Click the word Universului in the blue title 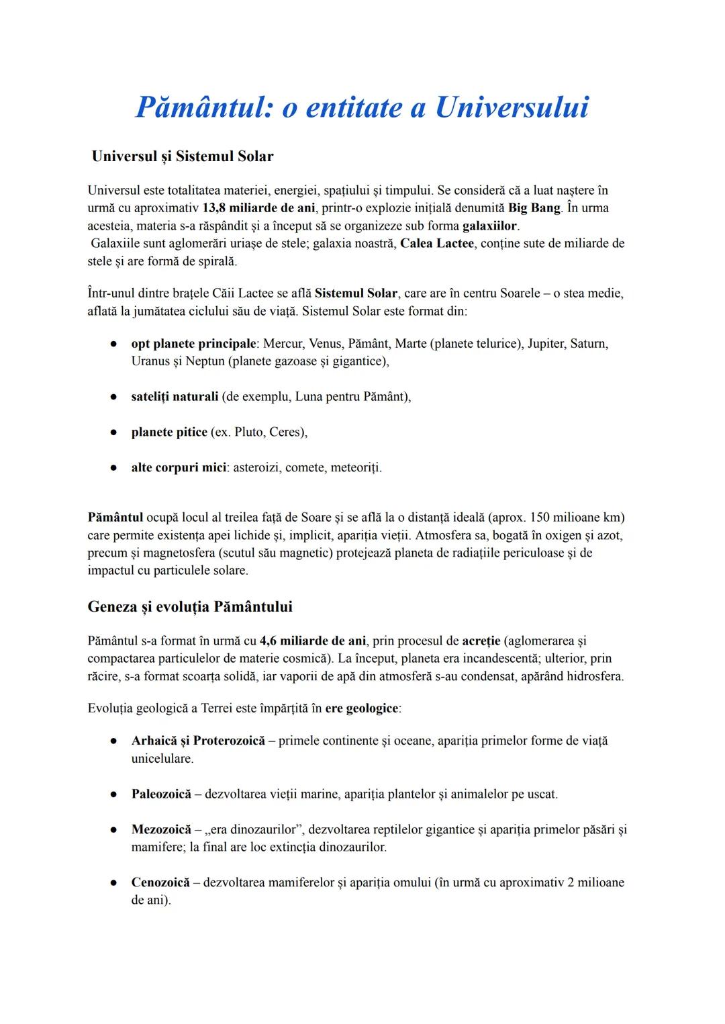click(x=512, y=107)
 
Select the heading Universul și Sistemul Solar click(x=183, y=156)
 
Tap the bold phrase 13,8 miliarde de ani click(x=258, y=207)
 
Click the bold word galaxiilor click(x=490, y=226)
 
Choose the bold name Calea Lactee click(x=437, y=243)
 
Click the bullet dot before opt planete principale click(x=114, y=344)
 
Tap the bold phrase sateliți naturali click(x=175, y=396)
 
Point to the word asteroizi click(x=255, y=467)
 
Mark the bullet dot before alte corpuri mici click(x=114, y=467)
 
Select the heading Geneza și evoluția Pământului click(x=190, y=607)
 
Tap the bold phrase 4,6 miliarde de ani click(x=313, y=641)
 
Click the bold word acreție click(x=481, y=641)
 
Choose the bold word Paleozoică click(x=161, y=794)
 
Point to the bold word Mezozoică click(x=161, y=829)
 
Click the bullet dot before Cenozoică click(x=114, y=882)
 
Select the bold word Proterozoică click(x=229, y=741)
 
